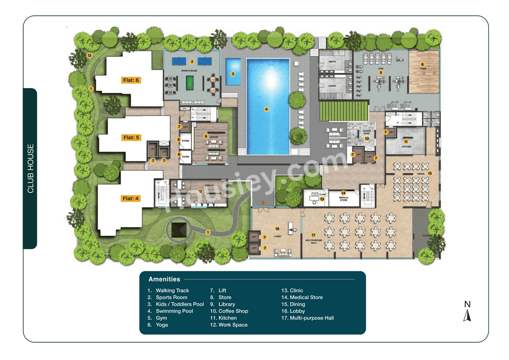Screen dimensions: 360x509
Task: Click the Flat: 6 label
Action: click(x=131, y=80)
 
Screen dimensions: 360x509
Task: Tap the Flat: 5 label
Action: click(x=131, y=138)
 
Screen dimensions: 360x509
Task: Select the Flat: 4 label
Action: click(x=131, y=198)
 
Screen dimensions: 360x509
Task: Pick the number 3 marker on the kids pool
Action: click(x=233, y=74)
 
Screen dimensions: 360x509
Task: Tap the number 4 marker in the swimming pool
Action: click(x=266, y=109)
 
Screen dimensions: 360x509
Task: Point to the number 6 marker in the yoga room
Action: click(x=423, y=64)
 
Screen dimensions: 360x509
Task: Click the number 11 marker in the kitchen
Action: click(x=406, y=141)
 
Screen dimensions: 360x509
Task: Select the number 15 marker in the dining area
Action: click(x=429, y=173)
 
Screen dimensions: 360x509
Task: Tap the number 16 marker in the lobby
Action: click(x=277, y=229)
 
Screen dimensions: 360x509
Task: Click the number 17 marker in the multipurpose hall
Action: click(x=313, y=235)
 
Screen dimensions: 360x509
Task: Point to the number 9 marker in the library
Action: click(x=206, y=136)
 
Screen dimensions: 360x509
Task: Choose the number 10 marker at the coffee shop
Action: click(x=367, y=138)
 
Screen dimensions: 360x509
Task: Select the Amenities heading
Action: click(x=164, y=279)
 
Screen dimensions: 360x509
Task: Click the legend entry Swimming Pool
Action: click(x=174, y=311)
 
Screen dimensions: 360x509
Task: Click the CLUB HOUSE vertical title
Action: click(x=31, y=169)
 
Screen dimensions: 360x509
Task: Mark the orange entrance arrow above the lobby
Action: click(x=262, y=203)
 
